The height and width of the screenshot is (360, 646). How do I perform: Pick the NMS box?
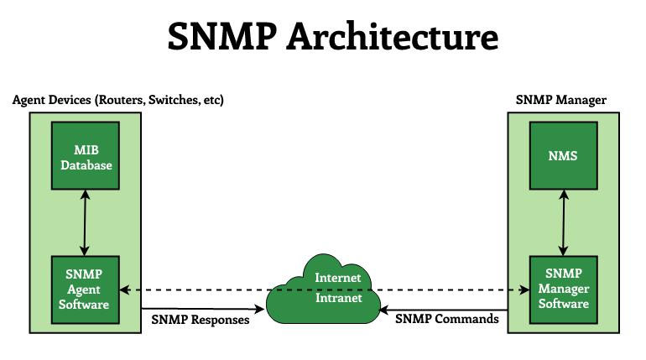562,155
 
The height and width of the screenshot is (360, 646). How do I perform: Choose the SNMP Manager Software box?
562,289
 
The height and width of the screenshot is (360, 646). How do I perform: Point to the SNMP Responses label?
201,320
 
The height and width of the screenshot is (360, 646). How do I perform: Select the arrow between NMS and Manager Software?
562,222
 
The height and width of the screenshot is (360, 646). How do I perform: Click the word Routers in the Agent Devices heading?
121,101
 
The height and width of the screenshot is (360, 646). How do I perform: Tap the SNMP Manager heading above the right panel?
560,101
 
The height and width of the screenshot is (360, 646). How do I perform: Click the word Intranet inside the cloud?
338,297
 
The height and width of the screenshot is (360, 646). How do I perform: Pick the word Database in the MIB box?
86,165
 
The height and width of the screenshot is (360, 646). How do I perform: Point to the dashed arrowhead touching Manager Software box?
524,290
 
